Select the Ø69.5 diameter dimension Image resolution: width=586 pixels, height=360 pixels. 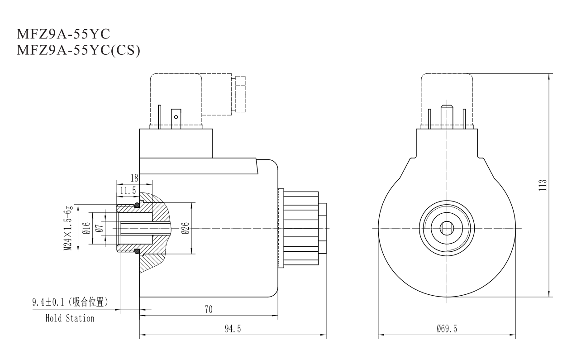[446, 329]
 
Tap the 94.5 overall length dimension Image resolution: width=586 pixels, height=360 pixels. [233, 329]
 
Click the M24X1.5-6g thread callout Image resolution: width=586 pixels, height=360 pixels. [68, 229]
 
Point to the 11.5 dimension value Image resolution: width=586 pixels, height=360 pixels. [128, 191]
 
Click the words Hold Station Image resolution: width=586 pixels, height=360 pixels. [70, 318]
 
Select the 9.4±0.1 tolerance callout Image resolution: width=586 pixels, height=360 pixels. [70, 302]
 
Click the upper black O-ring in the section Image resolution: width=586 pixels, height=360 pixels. [136, 206]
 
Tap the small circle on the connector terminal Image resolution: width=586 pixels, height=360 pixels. [176, 117]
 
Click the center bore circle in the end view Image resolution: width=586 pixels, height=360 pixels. [447, 228]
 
